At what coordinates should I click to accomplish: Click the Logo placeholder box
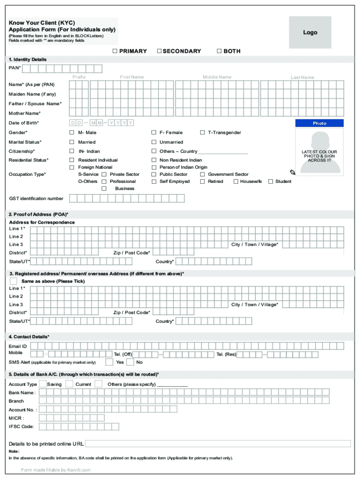coord(310,32)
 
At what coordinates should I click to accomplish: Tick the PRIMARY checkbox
coord(115,51)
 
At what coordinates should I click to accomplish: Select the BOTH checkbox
coord(219,51)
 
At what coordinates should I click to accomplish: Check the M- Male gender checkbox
coord(72,133)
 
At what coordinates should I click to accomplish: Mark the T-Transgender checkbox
coord(202,133)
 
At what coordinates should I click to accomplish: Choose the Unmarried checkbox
coord(153,142)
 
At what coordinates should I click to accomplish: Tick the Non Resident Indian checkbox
coord(153,160)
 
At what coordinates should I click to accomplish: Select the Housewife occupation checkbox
coord(236,181)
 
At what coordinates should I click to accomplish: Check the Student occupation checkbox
coord(270,181)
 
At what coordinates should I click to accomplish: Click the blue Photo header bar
coord(319,123)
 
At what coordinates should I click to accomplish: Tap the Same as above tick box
coord(14,281)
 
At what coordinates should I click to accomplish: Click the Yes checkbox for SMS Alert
coord(109,362)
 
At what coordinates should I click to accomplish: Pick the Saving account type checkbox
coord(43,384)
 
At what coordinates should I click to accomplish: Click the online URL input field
coord(217,443)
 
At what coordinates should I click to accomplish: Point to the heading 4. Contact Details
coord(29,337)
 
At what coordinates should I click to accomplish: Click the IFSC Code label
coord(21,427)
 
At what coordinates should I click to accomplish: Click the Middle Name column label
coord(217,77)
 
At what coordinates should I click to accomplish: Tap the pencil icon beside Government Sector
coord(292,172)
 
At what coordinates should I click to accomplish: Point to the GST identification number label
coord(36,199)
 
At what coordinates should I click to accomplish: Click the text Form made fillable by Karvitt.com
coord(56,470)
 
